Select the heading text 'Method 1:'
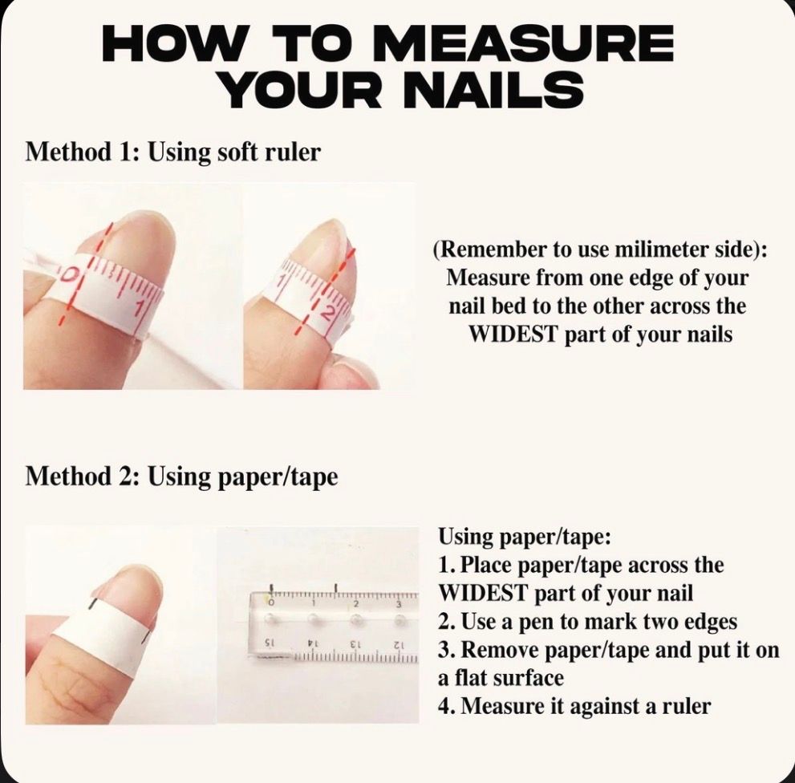coord(83,152)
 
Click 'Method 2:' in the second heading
coord(83,477)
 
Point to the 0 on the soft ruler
coord(71,274)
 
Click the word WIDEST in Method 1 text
coord(513,335)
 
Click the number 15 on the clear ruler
coord(270,643)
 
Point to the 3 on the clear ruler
coord(399,604)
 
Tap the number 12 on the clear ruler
coord(400,644)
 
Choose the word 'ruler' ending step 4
coord(687,707)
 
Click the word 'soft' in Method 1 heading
coord(237,152)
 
